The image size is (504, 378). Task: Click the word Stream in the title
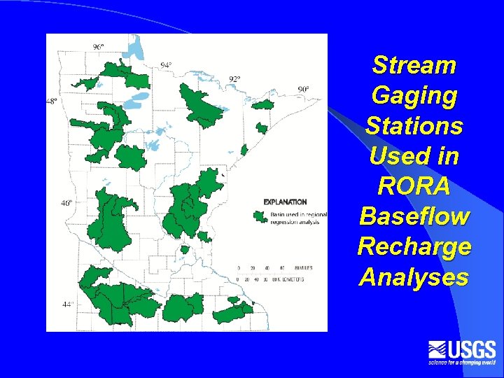414,65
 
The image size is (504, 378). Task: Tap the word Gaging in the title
414,95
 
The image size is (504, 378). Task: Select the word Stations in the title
414,126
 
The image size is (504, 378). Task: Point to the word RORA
414,187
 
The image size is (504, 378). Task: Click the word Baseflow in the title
414,217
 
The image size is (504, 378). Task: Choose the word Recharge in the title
414,247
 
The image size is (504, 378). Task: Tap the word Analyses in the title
414,278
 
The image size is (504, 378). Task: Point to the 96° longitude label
98,47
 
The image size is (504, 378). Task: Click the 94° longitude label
166,65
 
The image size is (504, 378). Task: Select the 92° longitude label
234,79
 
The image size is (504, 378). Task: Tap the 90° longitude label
303,89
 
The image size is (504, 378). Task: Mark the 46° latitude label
66,203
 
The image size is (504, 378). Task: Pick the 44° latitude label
68,304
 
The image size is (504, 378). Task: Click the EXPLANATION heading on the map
285,202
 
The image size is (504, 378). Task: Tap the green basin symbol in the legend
262,216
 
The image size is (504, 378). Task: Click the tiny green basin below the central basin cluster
185,249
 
